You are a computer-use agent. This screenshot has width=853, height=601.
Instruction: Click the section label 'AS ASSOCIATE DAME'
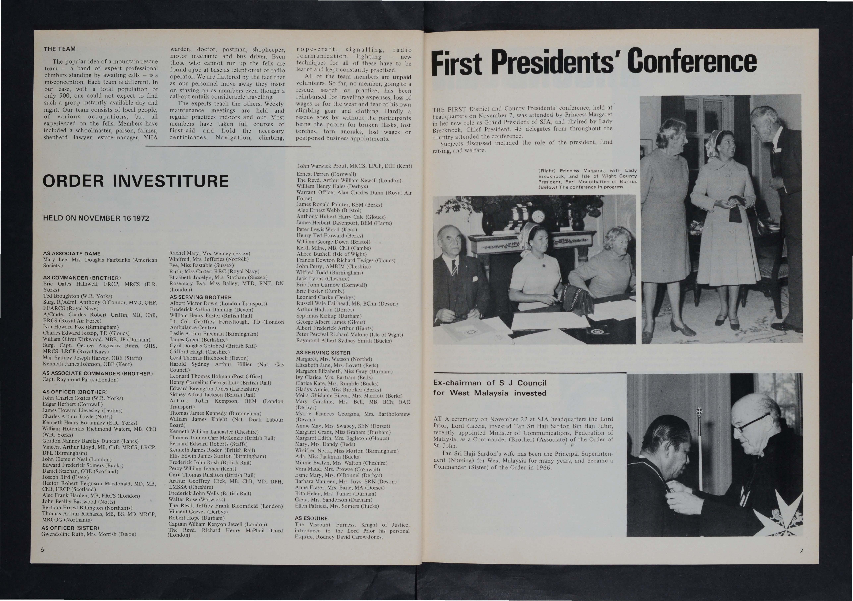(x=72, y=254)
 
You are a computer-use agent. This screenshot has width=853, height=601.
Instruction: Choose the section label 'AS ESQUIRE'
(x=311, y=518)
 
